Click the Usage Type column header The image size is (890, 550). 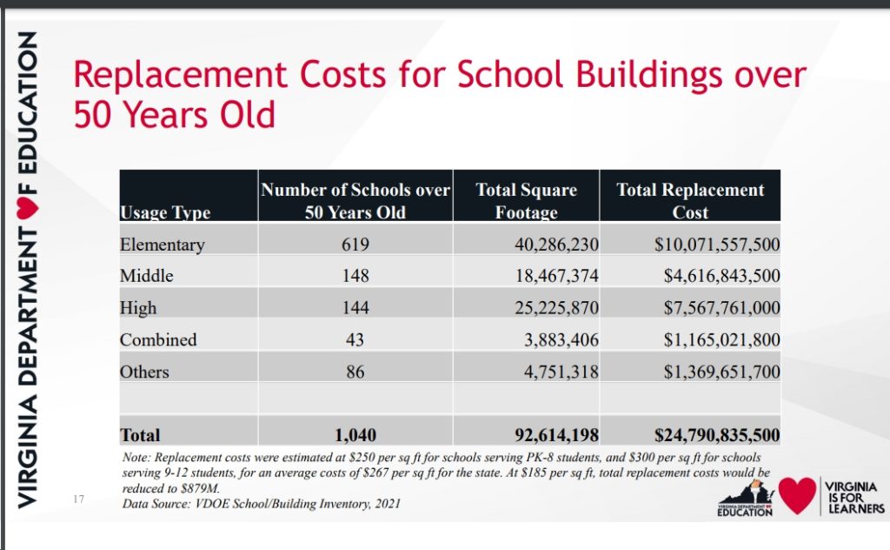click(x=165, y=212)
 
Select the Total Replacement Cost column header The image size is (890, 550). click(x=690, y=200)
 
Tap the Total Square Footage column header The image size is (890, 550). click(x=526, y=200)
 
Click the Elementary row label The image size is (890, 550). click(x=163, y=245)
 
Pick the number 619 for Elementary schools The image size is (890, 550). click(x=355, y=245)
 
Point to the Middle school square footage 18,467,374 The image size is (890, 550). click(x=557, y=276)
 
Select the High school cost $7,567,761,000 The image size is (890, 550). click(x=722, y=308)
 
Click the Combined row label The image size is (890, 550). click(x=158, y=339)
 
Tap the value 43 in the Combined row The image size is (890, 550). click(x=355, y=339)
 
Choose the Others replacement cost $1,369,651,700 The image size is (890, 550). click(x=722, y=372)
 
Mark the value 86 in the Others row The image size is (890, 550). click(x=355, y=372)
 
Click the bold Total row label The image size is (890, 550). click(x=140, y=435)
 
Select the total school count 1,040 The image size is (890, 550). click(x=355, y=435)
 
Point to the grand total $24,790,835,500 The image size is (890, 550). click(x=717, y=435)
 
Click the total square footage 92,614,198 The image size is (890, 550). click(x=557, y=435)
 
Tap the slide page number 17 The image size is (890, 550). click(x=78, y=499)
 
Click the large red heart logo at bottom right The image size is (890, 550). click(x=798, y=495)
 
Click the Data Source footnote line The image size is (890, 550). click(x=261, y=503)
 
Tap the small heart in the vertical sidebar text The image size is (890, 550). click(x=27, y=209)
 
